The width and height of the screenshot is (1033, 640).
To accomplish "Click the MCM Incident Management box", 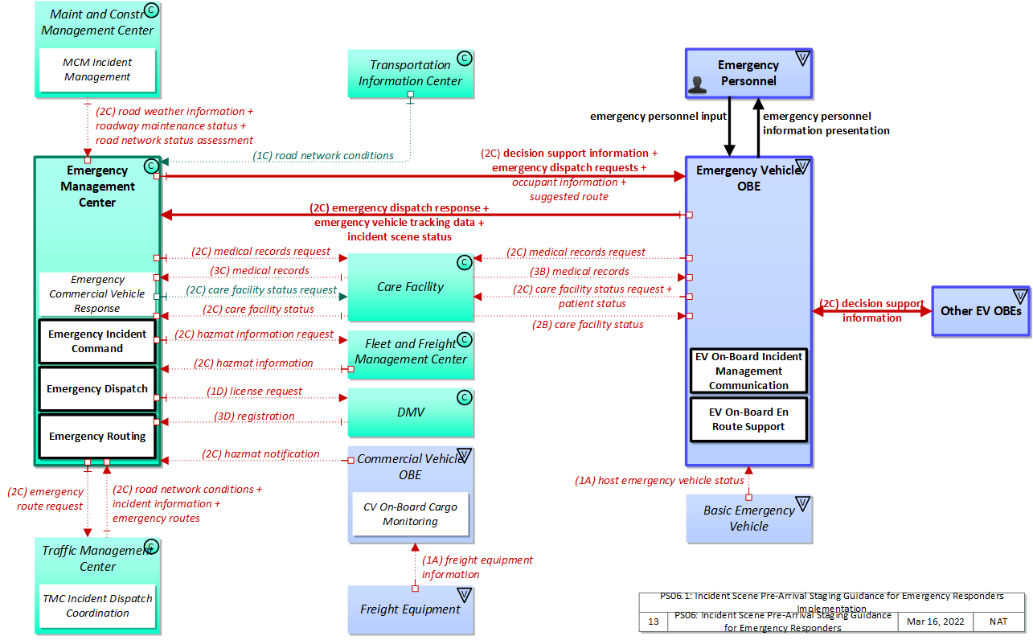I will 97,70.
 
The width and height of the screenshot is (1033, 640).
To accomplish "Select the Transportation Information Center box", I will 410,73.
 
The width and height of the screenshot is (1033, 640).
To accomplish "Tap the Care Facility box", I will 410,287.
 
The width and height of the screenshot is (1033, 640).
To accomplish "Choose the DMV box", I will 410,412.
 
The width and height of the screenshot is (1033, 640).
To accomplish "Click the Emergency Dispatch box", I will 97,389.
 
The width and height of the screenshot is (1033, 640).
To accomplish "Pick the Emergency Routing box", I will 97,437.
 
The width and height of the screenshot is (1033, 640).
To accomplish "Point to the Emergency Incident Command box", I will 97,342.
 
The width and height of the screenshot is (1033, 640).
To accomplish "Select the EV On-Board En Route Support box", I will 748,420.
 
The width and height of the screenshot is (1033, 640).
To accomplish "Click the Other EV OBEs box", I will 981,310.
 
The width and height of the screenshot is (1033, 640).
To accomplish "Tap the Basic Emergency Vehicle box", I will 748,519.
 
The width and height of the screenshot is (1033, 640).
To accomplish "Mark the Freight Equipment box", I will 410,609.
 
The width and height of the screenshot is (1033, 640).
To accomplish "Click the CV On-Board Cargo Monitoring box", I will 410,515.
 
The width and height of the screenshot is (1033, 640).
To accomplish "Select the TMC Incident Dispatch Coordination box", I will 97,605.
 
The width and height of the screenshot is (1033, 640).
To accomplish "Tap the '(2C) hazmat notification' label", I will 260,454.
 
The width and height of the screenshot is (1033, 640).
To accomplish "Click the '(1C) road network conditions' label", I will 323,156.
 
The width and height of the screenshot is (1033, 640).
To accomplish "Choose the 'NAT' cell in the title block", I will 999,622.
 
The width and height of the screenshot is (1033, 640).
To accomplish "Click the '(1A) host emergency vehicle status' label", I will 659,481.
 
